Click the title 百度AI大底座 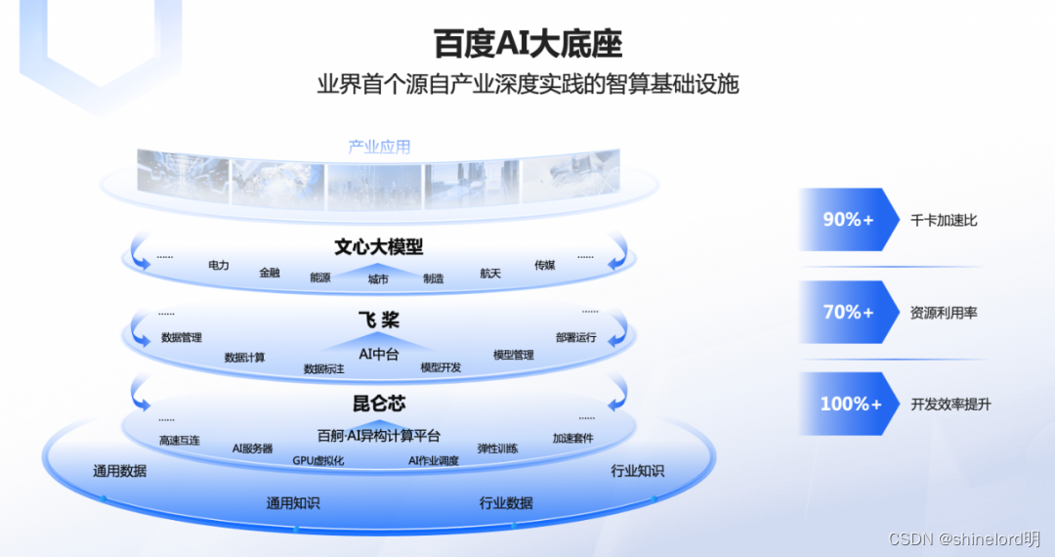tap(527, 44)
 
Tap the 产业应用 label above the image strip tap(380, 148)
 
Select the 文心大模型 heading tap(379, 247)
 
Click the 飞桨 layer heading tap(378, 321)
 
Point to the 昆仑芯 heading tap(379, 404)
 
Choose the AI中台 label tap(379, 354)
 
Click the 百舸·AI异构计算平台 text tap(379, 436)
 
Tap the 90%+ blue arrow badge tap(848, 220)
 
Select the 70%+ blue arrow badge tap(848, 313)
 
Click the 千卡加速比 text tap(944, 221)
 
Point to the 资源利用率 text tap(944, 314)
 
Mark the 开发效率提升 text tap(950, 405)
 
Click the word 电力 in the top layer tap(219, 266)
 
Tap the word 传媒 tap(544, 265)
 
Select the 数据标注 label tap(323, 369)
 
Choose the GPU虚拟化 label tap(318, 460)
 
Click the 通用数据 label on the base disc tap(120, 471)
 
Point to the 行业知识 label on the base tap(638, 471)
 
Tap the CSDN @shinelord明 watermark tap(963, 539)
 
